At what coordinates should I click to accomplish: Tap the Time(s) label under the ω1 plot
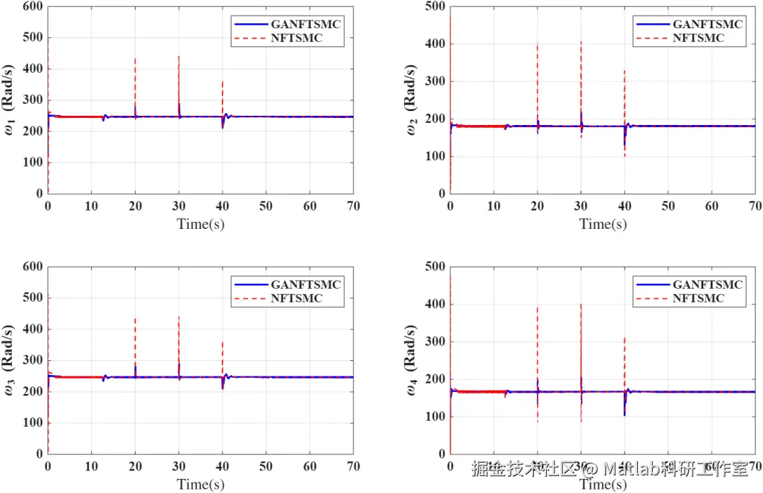[201, 224]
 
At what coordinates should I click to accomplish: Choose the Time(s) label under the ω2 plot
[603, 224]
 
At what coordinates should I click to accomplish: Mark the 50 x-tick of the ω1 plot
[266, 206]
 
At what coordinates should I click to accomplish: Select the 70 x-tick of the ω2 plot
[755, 206]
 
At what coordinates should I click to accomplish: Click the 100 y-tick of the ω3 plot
[33, 423]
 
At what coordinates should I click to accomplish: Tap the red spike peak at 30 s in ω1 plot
[179, 56]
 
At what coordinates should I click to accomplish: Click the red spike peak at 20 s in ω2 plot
[538, 44]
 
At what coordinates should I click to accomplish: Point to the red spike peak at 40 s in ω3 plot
[223, 343]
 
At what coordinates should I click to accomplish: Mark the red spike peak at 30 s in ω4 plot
[581, 304]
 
